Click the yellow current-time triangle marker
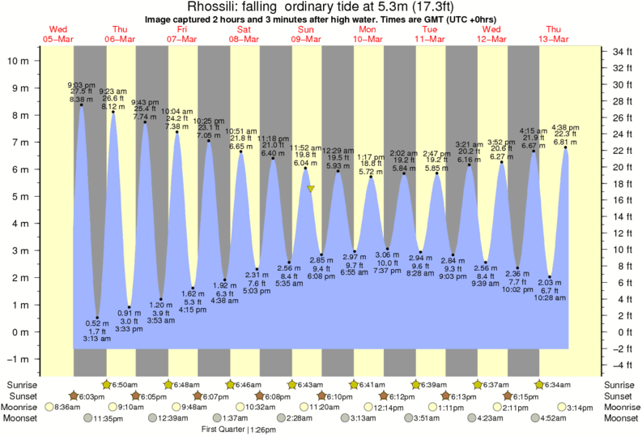click(310, 189)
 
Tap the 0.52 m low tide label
click(97, 323)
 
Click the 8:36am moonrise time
click(66, 407)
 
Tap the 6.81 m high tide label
click(564, 142)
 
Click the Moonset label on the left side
click(23, 418)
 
